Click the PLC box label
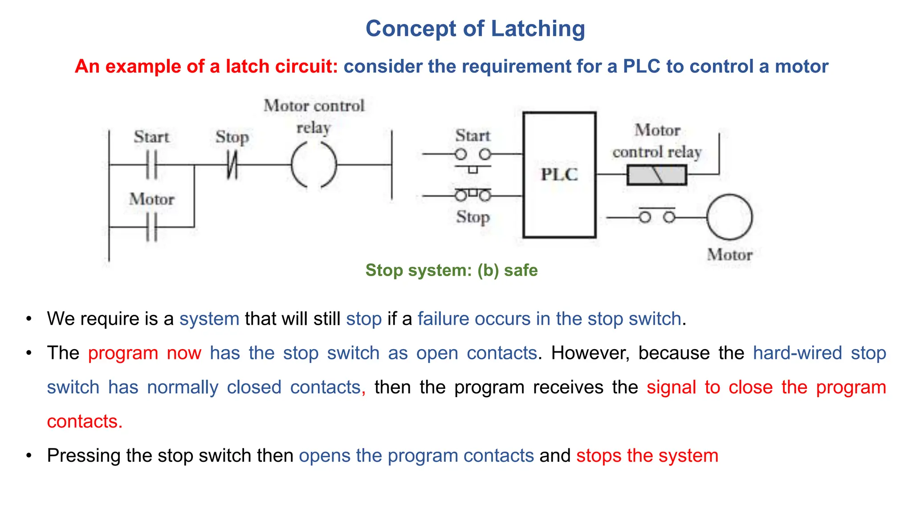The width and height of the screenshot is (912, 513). pos(559,174)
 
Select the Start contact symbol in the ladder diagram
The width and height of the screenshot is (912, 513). pos(152,165)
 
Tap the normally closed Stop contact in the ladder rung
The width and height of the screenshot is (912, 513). pos(232,165)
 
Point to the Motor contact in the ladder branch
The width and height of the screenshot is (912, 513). pos(152,227)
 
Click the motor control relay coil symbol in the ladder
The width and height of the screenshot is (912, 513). pos(314,165)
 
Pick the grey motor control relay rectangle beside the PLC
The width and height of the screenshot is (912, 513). pos(657,175)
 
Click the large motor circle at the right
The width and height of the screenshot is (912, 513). pos(729,217)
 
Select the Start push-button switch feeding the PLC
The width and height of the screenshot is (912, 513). pos(473,155)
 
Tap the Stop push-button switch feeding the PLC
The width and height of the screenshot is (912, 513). pos(473,195)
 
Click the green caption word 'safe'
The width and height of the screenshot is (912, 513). pos(521,270)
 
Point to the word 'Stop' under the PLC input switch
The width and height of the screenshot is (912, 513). pos(473,217)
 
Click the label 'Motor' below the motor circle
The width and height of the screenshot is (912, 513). pos(729,255)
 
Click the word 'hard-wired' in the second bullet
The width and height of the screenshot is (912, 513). pos(797,353)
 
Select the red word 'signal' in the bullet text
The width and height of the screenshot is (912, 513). pos(671,387)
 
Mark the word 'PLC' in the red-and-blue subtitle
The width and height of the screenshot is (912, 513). pos(641,66)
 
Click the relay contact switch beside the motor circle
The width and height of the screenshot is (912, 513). pos(657,216)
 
